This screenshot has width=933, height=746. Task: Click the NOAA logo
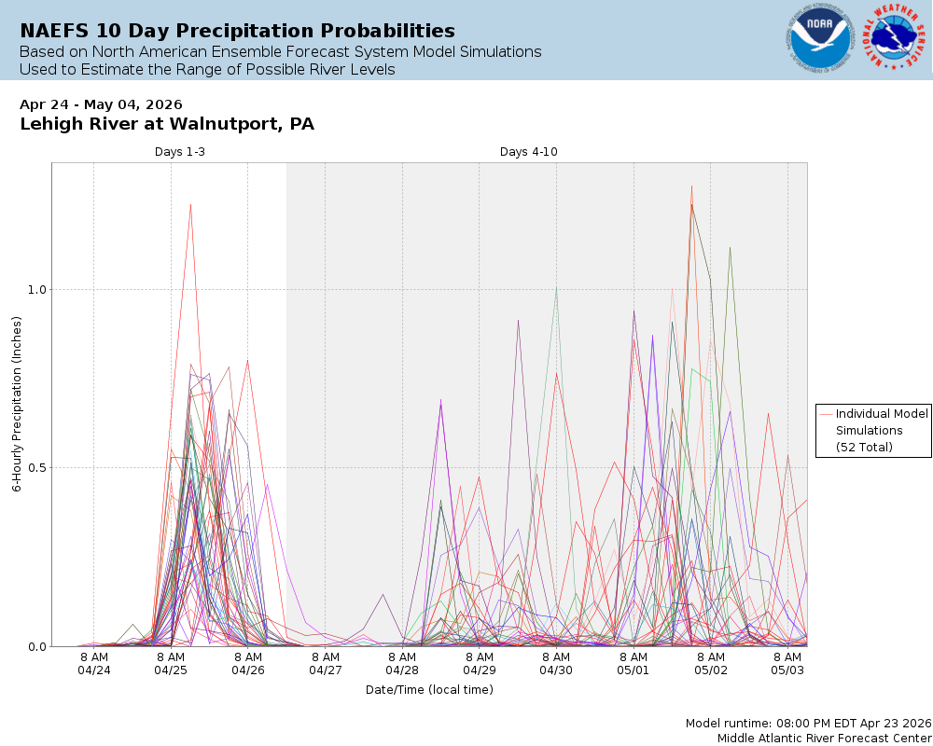point(820,39)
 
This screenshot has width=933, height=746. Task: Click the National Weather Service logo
point(895,39)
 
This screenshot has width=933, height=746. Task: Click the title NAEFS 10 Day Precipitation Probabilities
point(237,31)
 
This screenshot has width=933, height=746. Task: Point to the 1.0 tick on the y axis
point(36,289)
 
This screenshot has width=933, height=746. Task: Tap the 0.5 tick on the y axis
point(36,467)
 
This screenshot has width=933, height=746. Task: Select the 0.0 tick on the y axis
point(36,646)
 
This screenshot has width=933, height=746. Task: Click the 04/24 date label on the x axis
point(93,670)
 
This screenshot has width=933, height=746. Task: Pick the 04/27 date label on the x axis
point(325,670)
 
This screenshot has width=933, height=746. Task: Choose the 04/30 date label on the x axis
point(556,670)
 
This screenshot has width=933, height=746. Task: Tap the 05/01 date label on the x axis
point(633,670)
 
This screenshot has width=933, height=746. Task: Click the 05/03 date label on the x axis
point(787,670)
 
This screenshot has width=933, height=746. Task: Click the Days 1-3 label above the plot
point(180,152)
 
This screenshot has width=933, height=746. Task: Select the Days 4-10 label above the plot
point(529,152)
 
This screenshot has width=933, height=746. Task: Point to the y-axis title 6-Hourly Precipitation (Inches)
point(17,405)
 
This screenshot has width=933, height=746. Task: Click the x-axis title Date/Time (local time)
point(429,690)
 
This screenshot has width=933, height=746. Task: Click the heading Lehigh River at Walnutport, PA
point(167,124)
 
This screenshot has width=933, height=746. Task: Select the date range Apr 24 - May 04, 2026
point(101,104)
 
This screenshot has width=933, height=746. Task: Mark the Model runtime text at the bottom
point(808,724)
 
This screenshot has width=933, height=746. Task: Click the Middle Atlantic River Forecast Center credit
point(824,738)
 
